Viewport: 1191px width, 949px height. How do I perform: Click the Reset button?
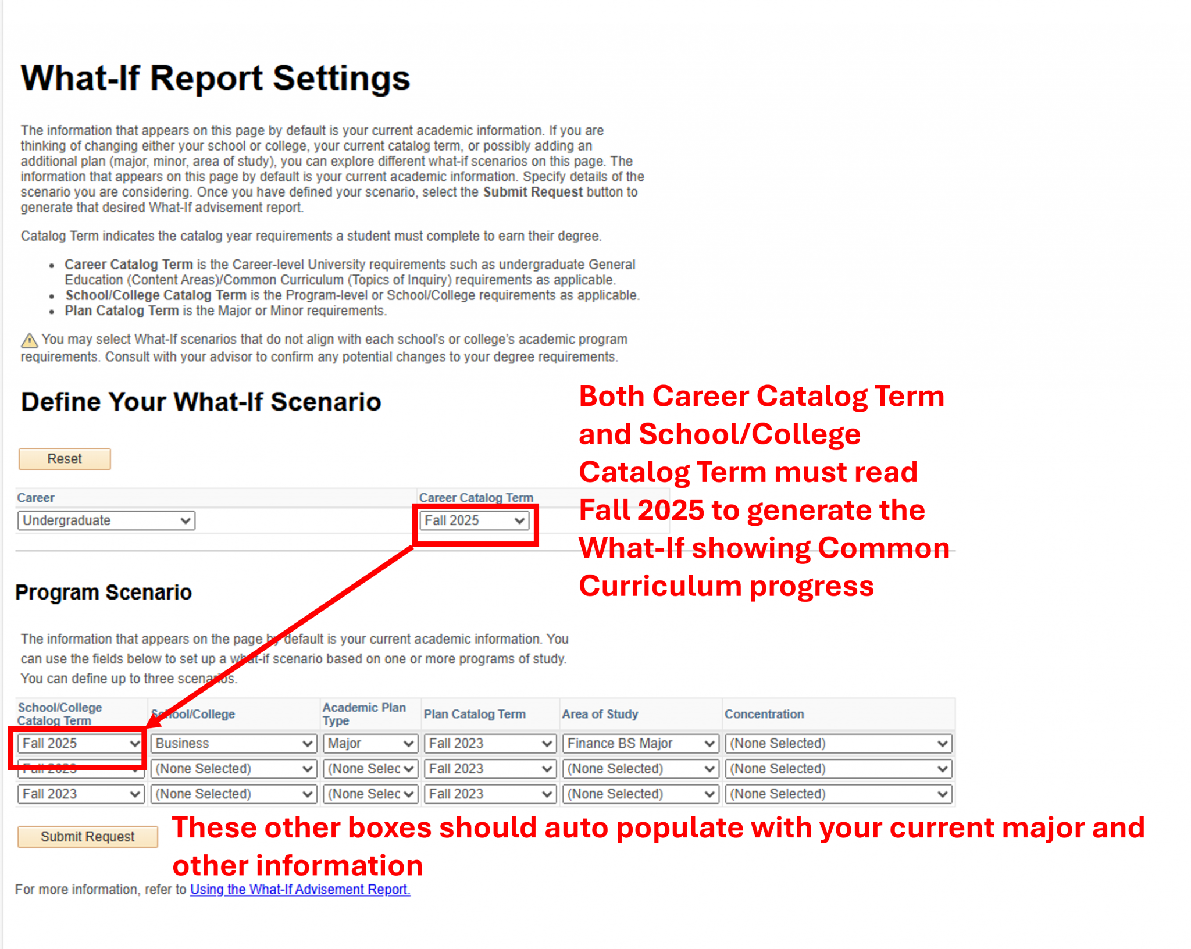pyautogui.click(x=65, y=459)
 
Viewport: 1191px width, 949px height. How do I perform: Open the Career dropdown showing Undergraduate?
pyautogui.click(x=106, y=520)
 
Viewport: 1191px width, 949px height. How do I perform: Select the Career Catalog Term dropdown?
pyautogui.click(x=474, y=520)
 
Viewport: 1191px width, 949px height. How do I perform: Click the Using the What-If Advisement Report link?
pyautogui.click(x=300, y=889)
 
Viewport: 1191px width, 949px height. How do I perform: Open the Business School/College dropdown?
pyautogui.click(x=233, y=743)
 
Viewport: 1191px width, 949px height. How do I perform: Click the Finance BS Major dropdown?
pyautogui.click(x=640, y=743)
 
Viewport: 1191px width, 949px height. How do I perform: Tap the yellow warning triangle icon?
pyautogui.click(x=29, y=340)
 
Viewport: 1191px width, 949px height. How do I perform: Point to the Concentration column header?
pyautogui.click(x=764, y=714)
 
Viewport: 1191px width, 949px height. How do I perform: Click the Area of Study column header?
pyautogui.click(x=600, y=714)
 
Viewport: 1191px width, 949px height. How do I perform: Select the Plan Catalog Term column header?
pyautogui.click(x=475, y=714)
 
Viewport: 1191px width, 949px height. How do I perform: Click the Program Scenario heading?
pyautogui.click(x=104, y=592)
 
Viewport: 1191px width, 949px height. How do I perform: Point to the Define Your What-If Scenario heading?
pyautogui.click(x=201, y=402)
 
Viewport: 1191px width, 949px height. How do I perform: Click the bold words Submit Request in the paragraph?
pyautogui.click(x=533, y=192)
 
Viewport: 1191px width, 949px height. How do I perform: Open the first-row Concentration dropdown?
pyautogui.click(x=838, y=743)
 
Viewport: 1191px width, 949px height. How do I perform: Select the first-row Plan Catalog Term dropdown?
pyautogui.click(x=489, y=743)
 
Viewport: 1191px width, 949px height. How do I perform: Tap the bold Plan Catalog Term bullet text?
pyautogui.click(x=122, y=311)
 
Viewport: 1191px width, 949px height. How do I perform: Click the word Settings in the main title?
pyautogui.click(x=341, y=79)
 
